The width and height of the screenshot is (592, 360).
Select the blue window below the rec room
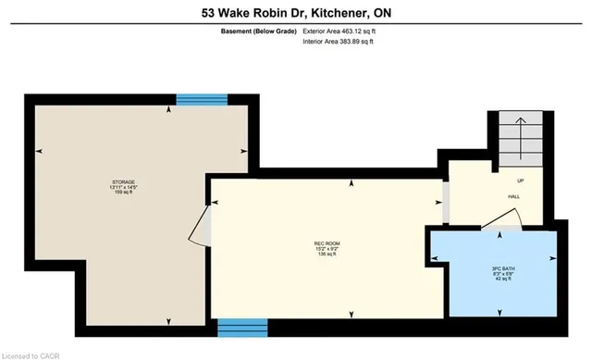click(242, 327)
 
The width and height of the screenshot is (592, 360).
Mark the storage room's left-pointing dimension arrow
click(38, 151)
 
